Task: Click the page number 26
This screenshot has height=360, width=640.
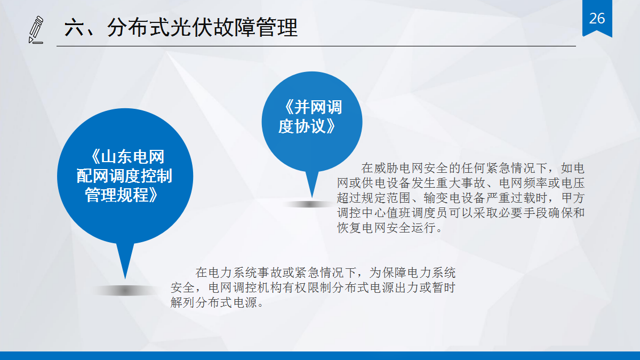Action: click(597, 19)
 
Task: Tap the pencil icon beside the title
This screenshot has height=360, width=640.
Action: click(36, 29)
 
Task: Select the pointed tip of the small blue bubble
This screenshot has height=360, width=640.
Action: click(311, 197)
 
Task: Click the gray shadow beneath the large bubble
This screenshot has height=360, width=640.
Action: click(125, 291)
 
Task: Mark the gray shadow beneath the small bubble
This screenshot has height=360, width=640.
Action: click(309, 204)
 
